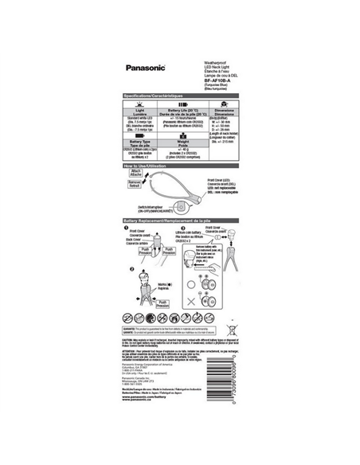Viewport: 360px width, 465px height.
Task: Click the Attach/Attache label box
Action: click(135, 172)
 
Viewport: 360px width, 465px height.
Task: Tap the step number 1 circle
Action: click(127, 229)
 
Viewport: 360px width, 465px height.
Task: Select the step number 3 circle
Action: click(182, 229)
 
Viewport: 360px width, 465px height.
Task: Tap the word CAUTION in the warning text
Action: click(130, 338)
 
